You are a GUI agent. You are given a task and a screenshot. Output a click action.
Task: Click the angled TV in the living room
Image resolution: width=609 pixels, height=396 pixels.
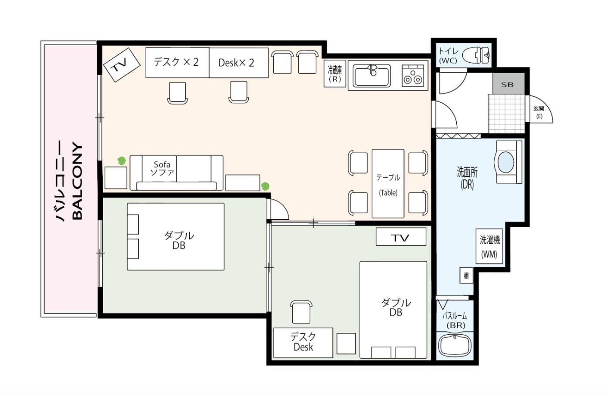pos(121,65)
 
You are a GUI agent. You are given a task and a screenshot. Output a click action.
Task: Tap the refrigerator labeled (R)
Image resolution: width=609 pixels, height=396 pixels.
pos(335,74)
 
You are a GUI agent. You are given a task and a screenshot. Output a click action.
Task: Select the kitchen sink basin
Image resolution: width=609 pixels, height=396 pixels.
pos(372,75)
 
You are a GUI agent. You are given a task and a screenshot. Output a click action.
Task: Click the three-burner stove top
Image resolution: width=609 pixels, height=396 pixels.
pos(413,76)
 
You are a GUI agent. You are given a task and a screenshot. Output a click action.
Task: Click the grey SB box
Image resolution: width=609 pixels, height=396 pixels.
pos(509,84)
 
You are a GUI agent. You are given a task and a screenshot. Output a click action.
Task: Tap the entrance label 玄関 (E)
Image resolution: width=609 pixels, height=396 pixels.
pos(539,112)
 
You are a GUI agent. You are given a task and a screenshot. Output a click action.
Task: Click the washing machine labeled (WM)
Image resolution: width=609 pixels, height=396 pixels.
pos(489,246)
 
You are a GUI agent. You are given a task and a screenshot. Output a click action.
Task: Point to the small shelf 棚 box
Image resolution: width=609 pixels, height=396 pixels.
pos(466,276)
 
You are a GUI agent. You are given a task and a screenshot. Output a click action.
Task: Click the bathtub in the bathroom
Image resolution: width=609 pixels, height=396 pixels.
pos(455,346)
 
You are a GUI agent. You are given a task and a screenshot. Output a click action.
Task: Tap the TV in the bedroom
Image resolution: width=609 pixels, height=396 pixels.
pos(401,237)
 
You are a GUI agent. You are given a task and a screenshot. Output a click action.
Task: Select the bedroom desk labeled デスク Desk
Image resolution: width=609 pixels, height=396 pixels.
pos(303,343)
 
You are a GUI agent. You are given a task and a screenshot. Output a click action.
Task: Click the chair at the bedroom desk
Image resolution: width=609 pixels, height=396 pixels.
pos(301,312)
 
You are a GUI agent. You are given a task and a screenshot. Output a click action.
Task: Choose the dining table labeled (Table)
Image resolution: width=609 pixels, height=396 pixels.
pos(388,184)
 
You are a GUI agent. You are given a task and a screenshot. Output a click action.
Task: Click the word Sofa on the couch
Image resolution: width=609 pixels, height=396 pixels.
pos(162,164)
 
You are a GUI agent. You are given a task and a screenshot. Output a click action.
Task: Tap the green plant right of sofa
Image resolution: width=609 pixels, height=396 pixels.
pos(265,186)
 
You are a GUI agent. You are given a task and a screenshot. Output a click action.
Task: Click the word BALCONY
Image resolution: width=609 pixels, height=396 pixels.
pos(78,181)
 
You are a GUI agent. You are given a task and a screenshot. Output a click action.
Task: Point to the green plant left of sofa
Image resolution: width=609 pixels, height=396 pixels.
pos(121,161)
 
